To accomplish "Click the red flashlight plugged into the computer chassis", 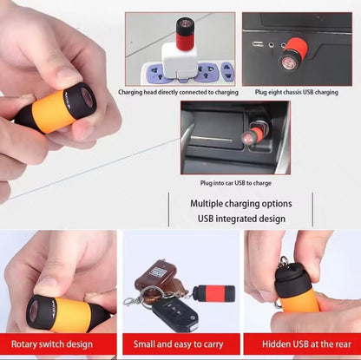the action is coord(292,55).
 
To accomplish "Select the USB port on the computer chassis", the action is coord(258,44).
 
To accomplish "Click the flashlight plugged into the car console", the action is coord(253,132).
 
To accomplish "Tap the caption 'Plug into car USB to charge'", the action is coord(236,183).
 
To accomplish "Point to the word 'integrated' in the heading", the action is coord(240,219).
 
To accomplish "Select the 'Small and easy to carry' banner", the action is coord(181,344).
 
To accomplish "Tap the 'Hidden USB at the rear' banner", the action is coord(302,344).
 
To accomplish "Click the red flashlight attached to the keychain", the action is coord(213,294).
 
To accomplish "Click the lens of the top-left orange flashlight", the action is coord(87,97).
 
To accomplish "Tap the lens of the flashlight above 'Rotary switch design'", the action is coord(33,311).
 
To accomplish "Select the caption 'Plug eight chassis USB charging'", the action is coord(297,92).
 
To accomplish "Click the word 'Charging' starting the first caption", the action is coord(130,93).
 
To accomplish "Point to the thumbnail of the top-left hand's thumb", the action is coord(69,75).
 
